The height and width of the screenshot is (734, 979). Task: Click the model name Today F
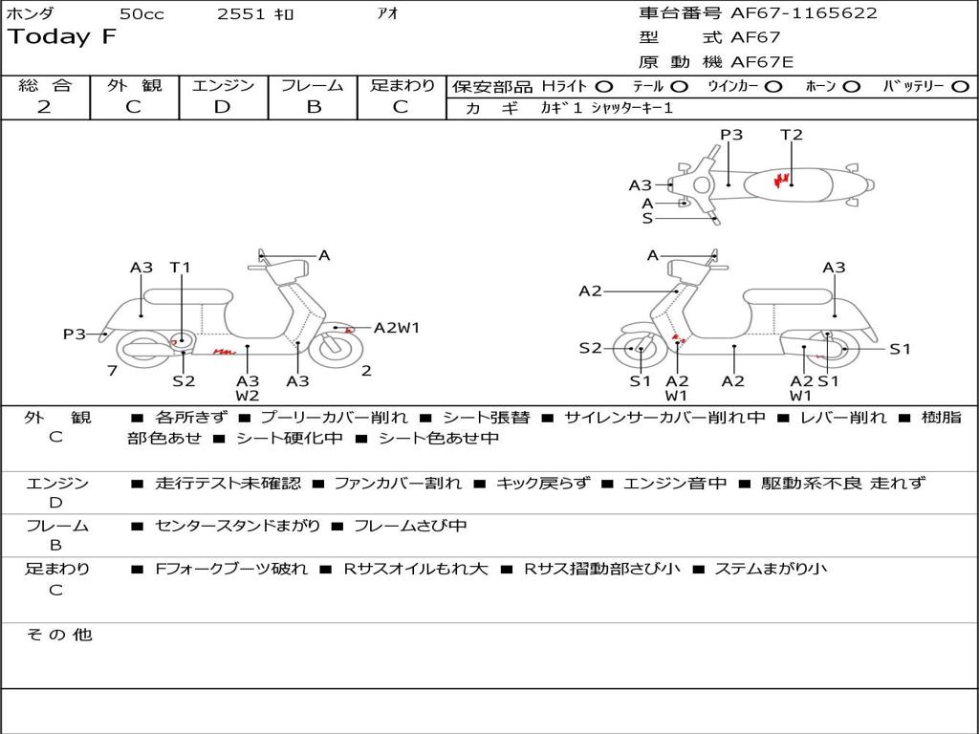click(x=62, y=38)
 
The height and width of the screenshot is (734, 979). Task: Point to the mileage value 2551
click(x=242, y=13)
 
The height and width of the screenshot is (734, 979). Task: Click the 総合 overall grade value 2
click(x=44, y=106)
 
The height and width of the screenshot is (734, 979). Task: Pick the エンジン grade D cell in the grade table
click(x=222, y=106)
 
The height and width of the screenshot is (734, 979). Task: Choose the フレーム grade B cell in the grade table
click(x=314, y=106)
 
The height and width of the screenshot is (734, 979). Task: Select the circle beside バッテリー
click(x=960, y=86)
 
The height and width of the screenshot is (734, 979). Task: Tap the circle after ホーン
click(x=851, y=86)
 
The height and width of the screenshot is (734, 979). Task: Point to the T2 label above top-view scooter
click(x=792, y=135)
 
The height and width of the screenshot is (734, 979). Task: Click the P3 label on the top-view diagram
click(x=731, y=135)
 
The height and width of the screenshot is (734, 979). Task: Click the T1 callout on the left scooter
click(x=180, y=268)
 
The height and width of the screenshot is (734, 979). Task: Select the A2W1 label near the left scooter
click(x=397, y=328)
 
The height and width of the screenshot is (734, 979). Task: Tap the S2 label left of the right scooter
click(x=590, y=348)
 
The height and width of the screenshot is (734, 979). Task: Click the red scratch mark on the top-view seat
click(x=783, y=179)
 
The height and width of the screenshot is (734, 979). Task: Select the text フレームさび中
click(x=410, y=526)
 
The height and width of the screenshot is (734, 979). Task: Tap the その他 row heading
click(x=59, y=635)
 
